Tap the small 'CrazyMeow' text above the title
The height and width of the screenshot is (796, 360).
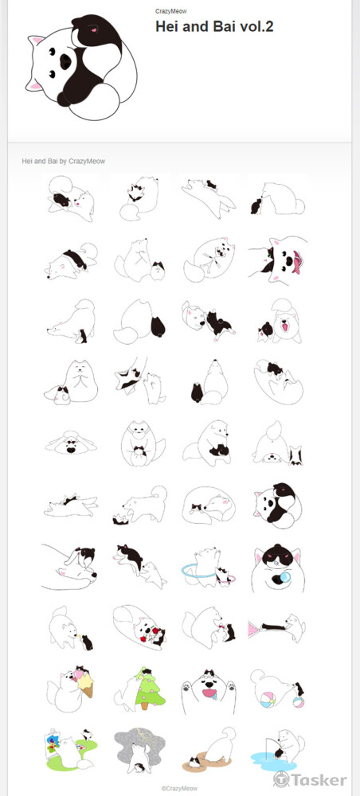pyautogui.click(x=167, y=10)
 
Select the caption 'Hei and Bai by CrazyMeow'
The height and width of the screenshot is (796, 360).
pyautogui.click(x=64, y=161)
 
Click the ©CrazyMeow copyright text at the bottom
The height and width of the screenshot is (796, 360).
pyautogui.click(x=179, y=788)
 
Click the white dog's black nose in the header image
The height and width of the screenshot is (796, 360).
pyautogui.click(x=65, y=61)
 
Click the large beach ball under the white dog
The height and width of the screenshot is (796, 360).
pyautogui.click(x=267, y=700)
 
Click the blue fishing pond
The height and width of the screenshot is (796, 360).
pyautogui.click(x=274, y=759)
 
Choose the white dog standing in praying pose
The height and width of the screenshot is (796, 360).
pyautogui.click(x=78, y=380)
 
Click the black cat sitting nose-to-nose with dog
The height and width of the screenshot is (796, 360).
pyautogui.click(x=256, y=205)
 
